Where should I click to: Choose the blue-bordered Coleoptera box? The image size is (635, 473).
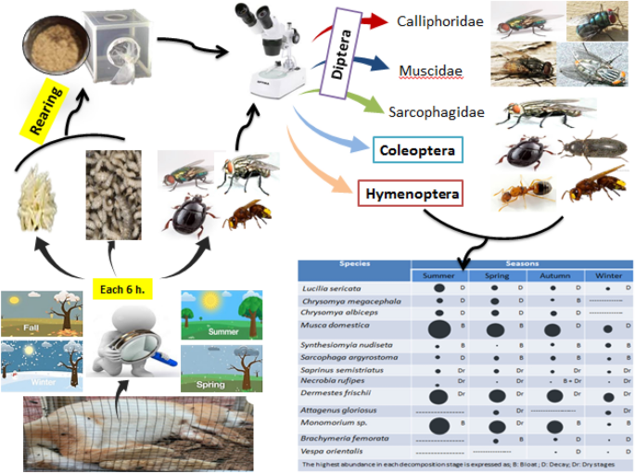point(417,149)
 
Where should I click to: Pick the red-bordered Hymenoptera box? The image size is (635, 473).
point(410,195)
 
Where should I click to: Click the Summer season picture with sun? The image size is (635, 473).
point(218,317)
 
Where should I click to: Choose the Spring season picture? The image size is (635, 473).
point(218,371)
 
